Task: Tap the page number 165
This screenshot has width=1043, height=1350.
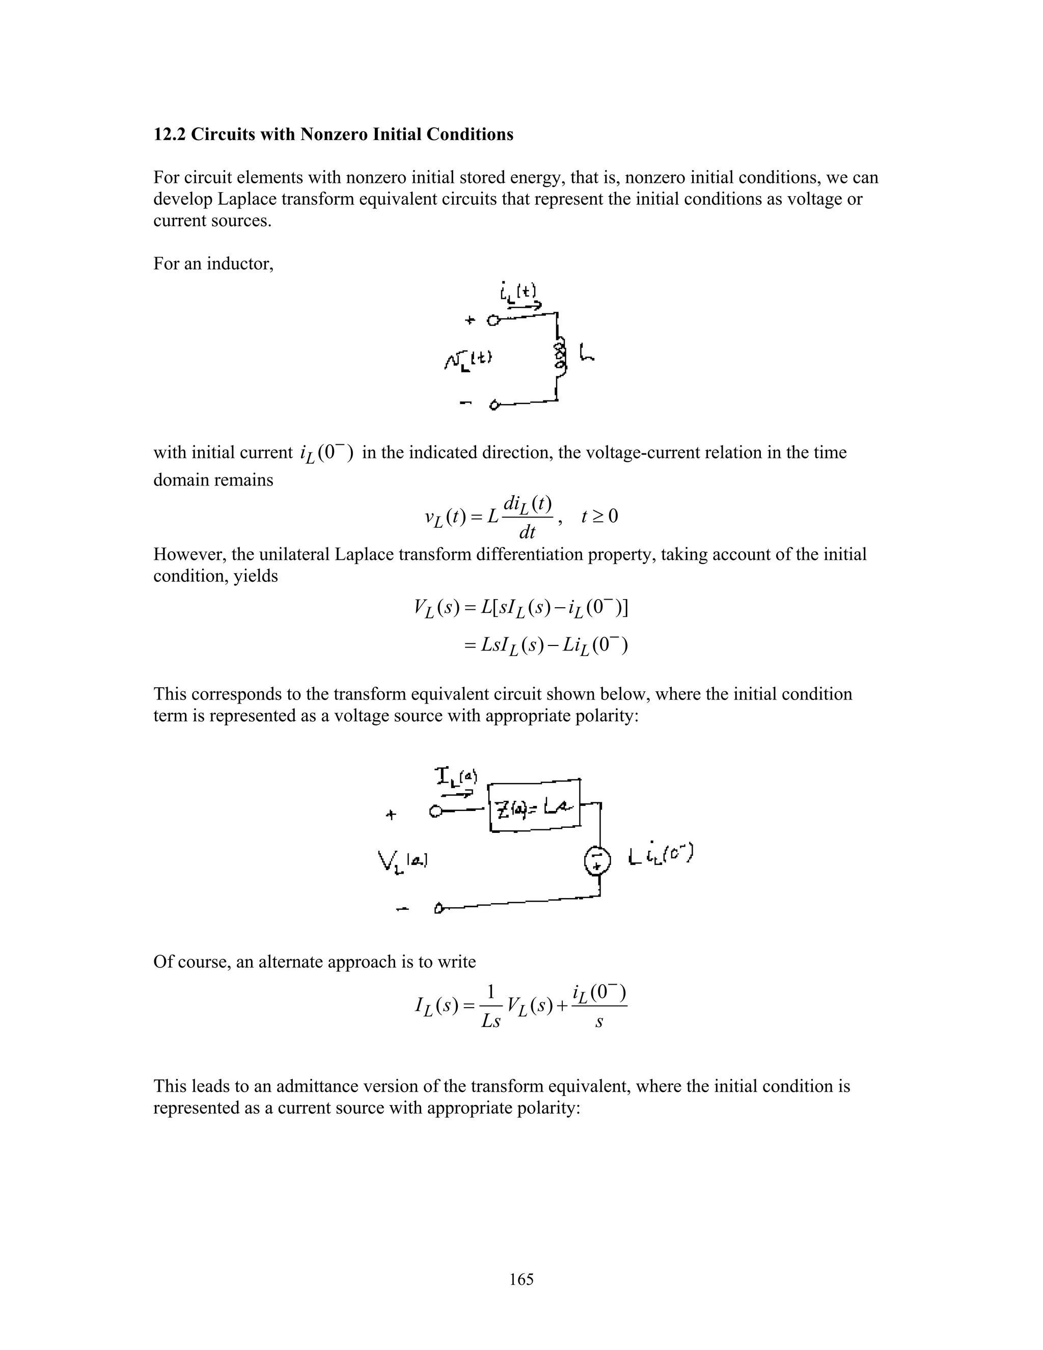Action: [x=521, y=1280]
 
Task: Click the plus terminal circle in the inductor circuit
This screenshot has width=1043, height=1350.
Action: [x=493, y=320]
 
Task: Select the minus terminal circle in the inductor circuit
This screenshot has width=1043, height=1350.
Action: [x=495, y=406]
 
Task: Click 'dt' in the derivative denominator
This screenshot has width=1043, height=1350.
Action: [x=527, y=533]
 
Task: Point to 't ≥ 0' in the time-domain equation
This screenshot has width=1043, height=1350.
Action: [x=599, y=516]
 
